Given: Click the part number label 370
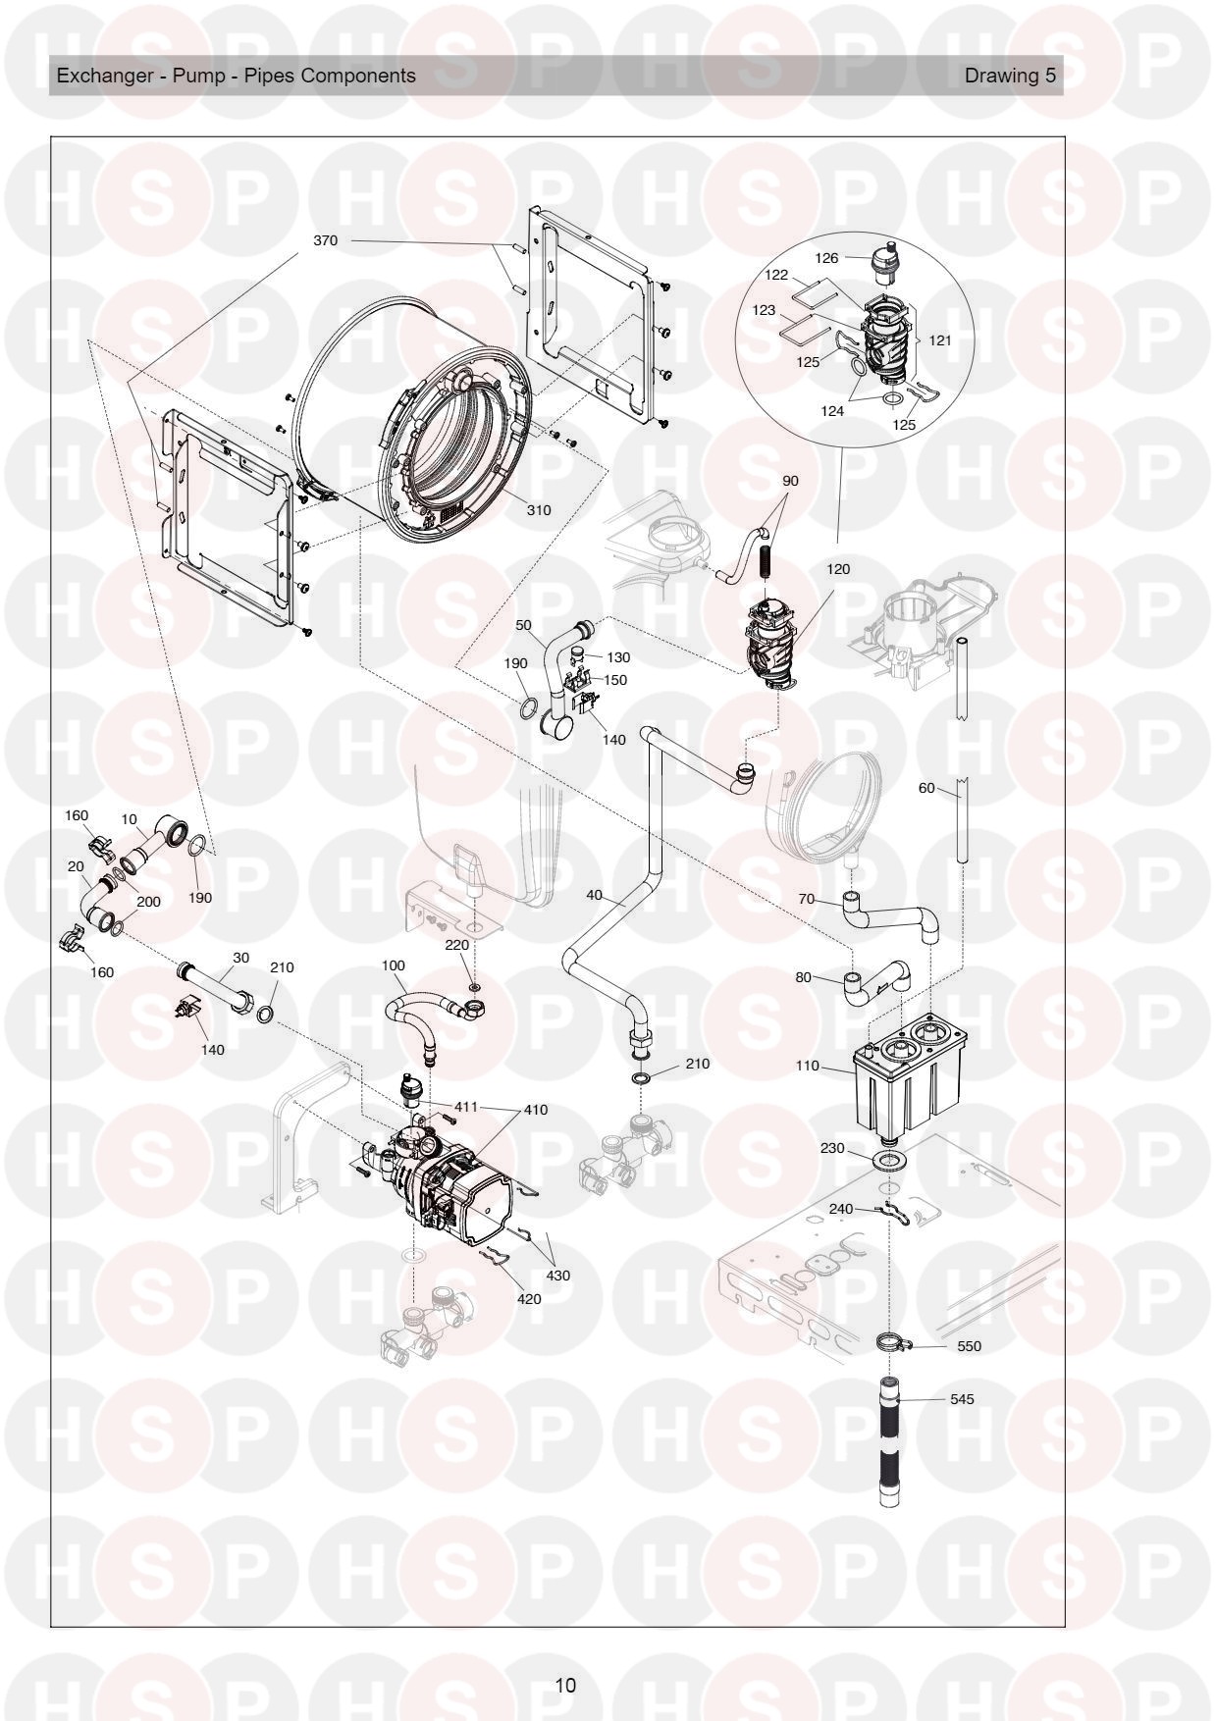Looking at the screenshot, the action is [325, 240].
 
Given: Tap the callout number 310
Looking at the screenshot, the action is [538, 510].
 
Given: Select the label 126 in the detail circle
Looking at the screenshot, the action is [827, 258].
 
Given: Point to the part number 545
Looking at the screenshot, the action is [962, 1399].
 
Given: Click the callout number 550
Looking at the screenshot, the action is [969, 1346].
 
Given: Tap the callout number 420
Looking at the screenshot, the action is [528, 1298].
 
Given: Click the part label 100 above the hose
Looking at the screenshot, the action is [393, 966].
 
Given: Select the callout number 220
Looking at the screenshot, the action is [456, 945].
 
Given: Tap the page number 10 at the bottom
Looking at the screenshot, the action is [564, 1686].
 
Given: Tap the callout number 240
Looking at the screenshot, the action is [840, 1209].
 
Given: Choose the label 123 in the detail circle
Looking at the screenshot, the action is [764, 310].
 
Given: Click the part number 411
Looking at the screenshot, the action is [464, 1107].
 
